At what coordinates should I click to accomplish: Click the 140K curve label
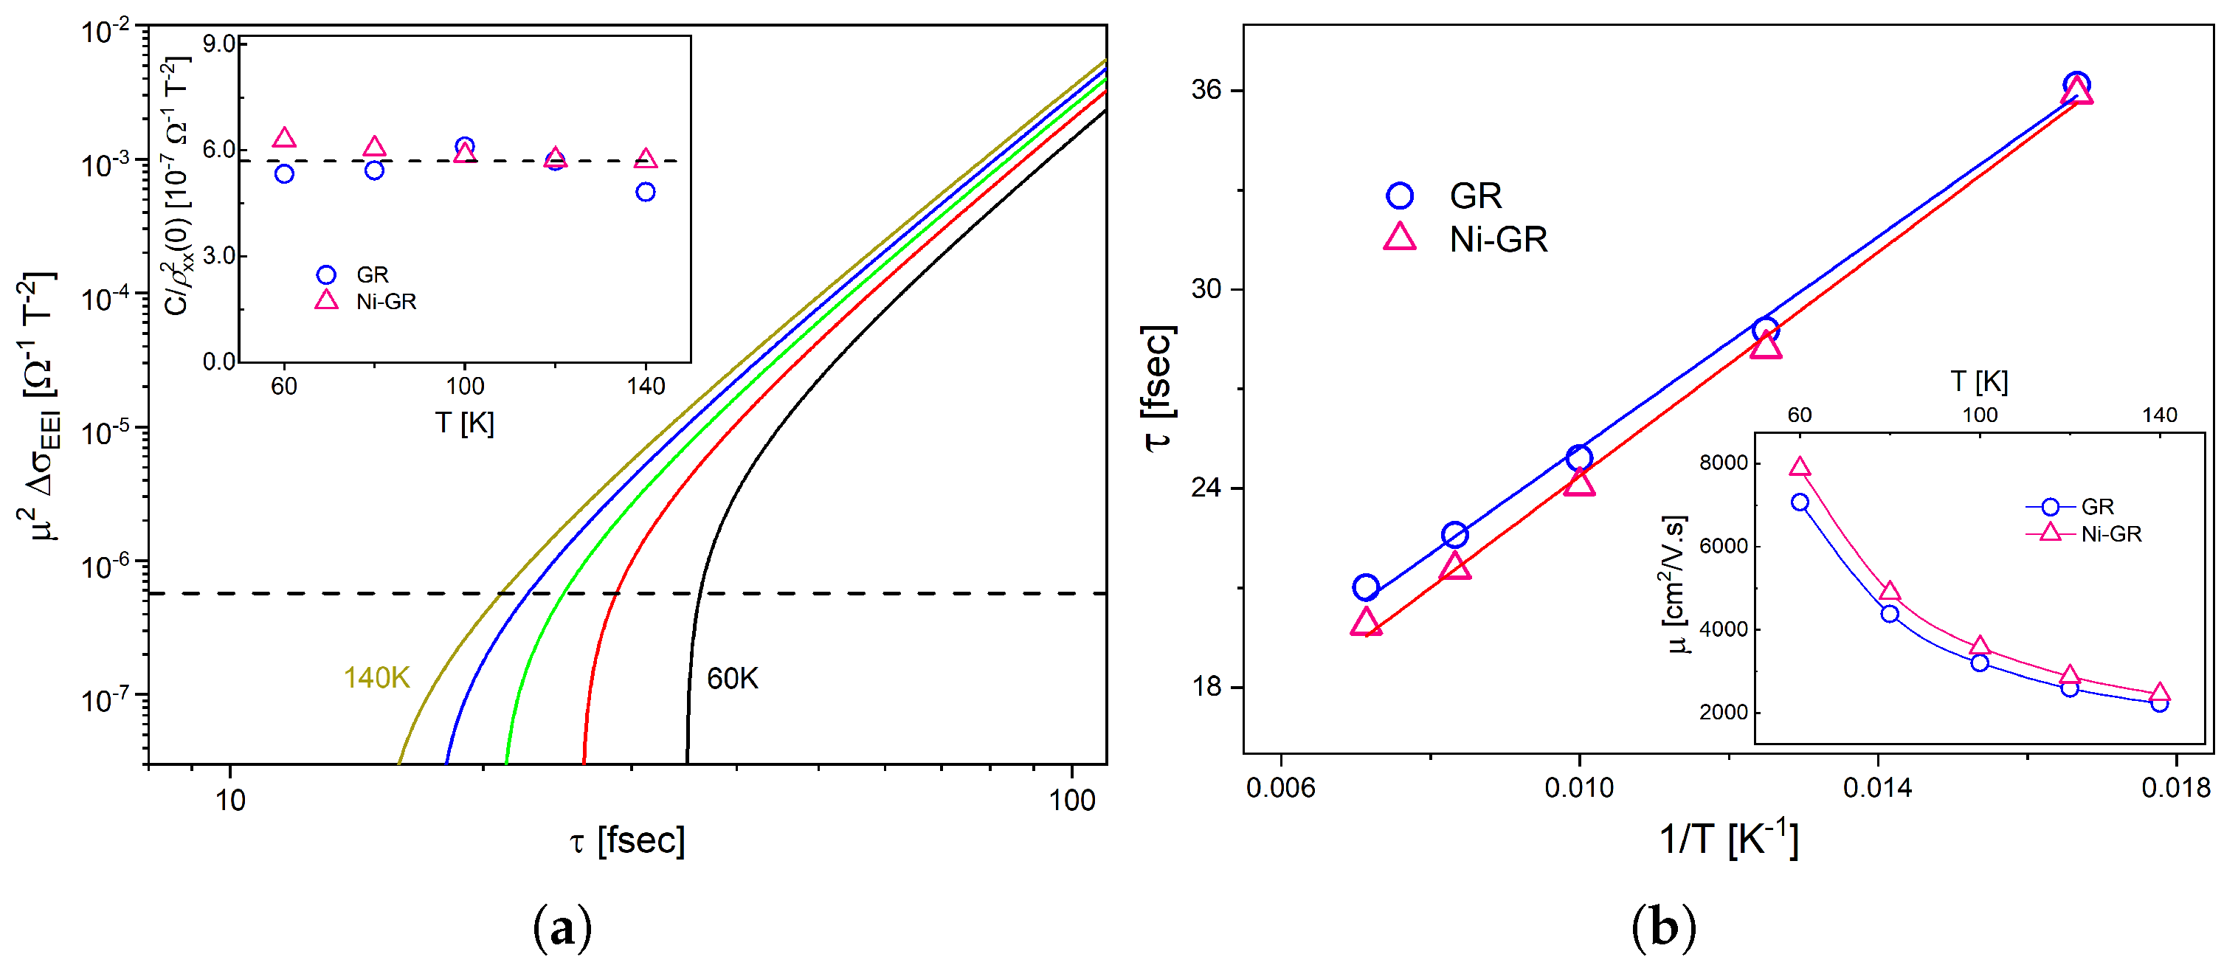376,678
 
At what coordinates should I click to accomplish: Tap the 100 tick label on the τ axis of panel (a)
1071,801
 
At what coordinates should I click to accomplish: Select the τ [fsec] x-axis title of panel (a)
627,840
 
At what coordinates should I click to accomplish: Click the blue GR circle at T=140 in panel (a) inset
645,192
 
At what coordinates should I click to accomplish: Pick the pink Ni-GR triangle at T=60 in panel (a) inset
284,138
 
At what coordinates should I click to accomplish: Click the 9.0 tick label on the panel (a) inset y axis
219,44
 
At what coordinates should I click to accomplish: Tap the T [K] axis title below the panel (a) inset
464,423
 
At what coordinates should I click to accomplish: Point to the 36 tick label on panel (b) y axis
1206,89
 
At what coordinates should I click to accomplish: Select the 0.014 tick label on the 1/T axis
1876,788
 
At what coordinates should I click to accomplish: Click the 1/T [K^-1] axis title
1728,840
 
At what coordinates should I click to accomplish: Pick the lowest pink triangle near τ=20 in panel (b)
1366,622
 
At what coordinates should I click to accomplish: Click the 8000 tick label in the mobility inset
1723,463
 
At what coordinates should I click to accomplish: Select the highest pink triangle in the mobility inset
1799,468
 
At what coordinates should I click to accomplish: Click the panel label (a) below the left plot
562,929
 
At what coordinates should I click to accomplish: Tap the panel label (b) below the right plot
1663,929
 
